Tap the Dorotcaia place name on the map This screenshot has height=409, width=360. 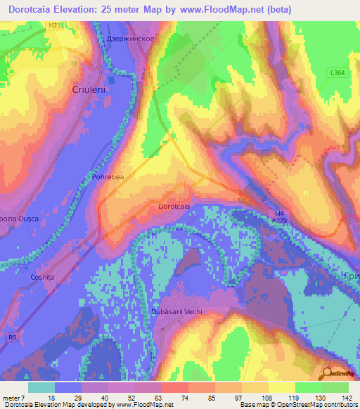tap(174, 207)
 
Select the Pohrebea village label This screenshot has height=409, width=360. tap(108, 177)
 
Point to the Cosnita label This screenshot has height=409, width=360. tap(43, 278)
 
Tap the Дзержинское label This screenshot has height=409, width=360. tap(130, 39)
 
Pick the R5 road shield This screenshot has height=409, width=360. tap(13, 337)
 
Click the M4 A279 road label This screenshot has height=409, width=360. tap(280, 217)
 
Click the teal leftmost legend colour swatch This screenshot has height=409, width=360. tap(41, 387)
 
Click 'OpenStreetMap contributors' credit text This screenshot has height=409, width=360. tap(316, 405)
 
